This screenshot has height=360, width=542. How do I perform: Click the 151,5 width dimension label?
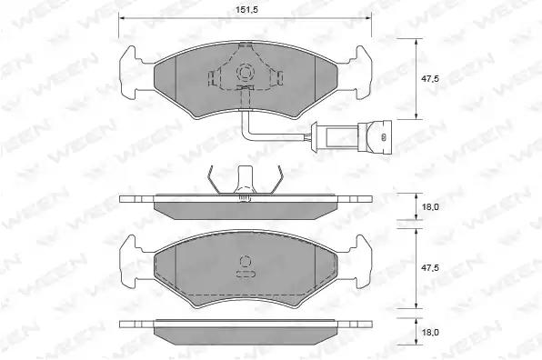click(x=246, y=10)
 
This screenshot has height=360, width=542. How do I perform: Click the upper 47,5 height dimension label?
click(x=429, y=79)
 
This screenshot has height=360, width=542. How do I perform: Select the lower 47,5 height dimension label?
click(x=429, y=268)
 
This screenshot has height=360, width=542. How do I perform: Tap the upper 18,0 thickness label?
click(x=429, y=207)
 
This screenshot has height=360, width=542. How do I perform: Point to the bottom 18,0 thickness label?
click(x=429, y=333)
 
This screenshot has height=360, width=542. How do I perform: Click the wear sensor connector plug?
click(x=375, y=137)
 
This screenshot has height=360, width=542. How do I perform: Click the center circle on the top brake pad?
click(x=246, y=73)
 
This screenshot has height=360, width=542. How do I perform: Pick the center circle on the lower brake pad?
click(x=246, y=261)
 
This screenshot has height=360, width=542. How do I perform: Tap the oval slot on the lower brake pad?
click(x=246, y=274)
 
